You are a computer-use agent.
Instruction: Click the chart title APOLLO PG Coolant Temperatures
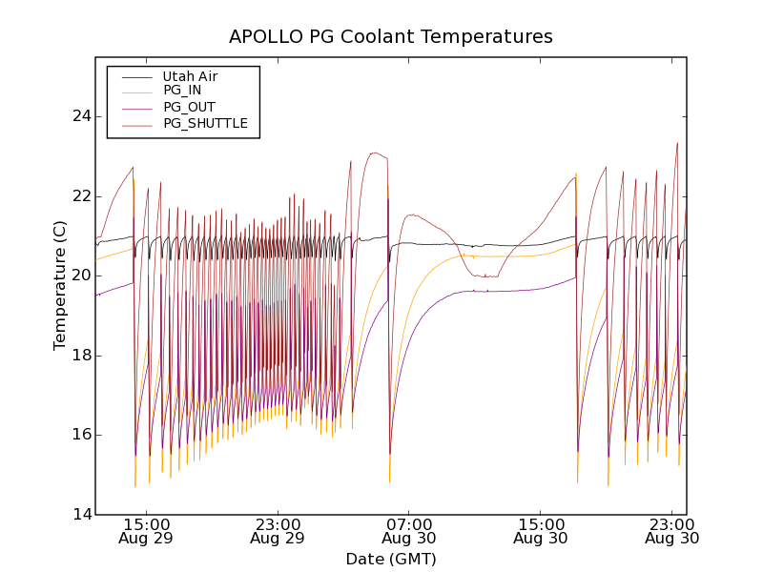(x=390, y=37)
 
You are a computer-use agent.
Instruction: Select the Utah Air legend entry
(x=190, y=76)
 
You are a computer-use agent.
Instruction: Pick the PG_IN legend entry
(x=182, y=91)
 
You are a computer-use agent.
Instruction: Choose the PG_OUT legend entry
(x=189, y=107)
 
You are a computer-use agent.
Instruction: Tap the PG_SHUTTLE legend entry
(x=205, y=123)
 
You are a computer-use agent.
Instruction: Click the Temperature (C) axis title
(x=60, y=285)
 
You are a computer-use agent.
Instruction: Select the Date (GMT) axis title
(x=390, y=559)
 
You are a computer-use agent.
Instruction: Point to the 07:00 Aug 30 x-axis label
(x=409, y=531)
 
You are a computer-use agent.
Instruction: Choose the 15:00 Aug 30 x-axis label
(x=541, y=531)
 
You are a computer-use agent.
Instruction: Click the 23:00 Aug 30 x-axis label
(x=672, y=531)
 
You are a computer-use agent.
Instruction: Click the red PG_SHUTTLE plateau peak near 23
(x=375, y=153)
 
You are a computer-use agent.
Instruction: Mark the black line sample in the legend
(x=136, y=76)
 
